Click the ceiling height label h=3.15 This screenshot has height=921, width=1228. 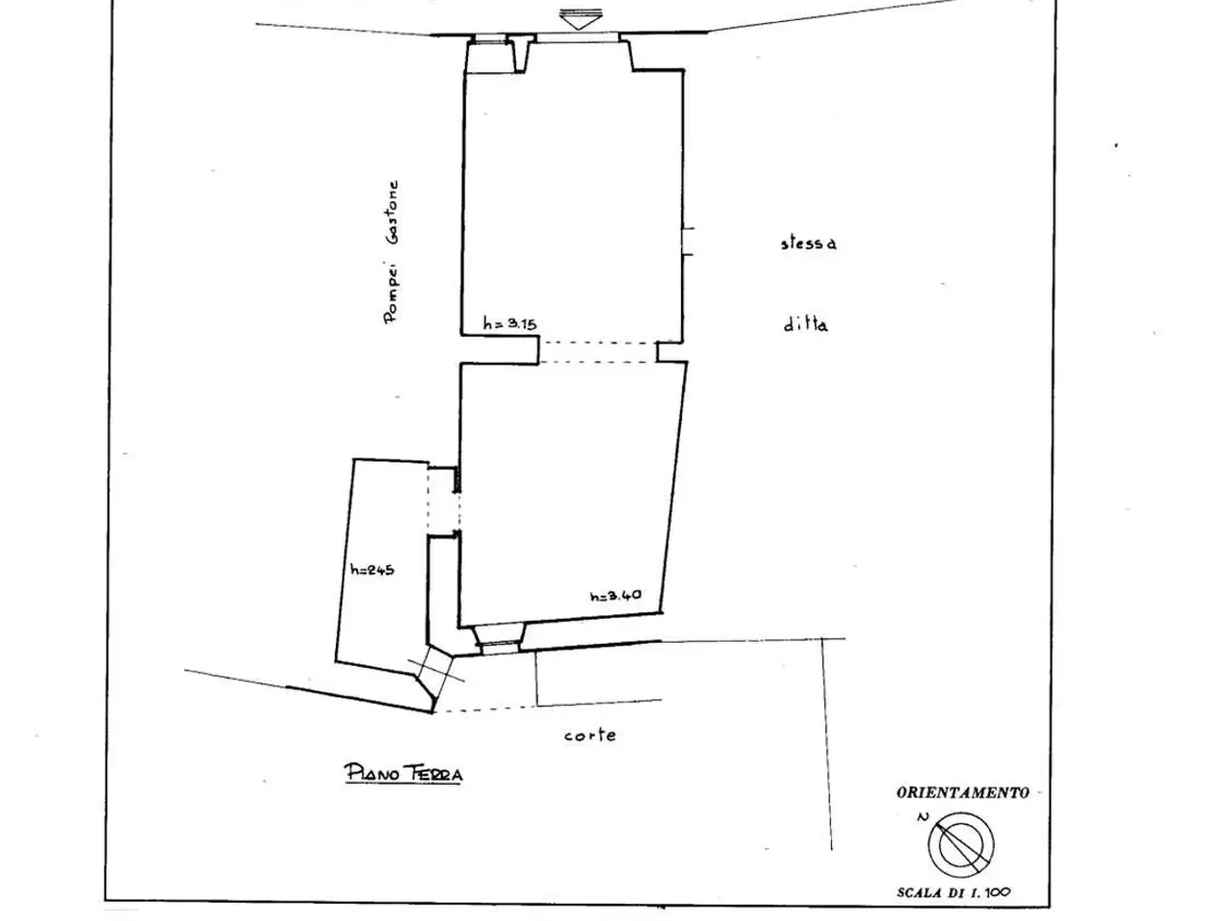click(x=509, y=323)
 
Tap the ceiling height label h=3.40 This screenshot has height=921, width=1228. click(x=615, y=596)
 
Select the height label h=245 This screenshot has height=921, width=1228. click(x=372, y=570)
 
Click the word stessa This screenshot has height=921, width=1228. click(x=809, y=243)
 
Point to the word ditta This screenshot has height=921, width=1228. click(x=806, y=324)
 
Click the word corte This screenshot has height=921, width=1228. click(x=590, y=735)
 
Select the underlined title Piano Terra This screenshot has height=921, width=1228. click(x=403, y=773)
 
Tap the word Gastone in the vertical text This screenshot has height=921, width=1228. click(x=394, y=212)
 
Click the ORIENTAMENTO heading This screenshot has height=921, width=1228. click(x=963, y=792)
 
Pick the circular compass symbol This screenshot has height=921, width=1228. click(x=960, y=844)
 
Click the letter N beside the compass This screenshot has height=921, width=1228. click(x=923, y=817)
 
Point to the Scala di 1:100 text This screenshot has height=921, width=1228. click(x=954, y=892)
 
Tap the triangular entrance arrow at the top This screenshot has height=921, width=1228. click(x=580, y=19)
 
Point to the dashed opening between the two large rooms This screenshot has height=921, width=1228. click(x=598, y=353)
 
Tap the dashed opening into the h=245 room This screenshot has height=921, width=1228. click(x=443, y=500)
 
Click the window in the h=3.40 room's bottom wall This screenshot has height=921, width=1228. click(x=500, y=647)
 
